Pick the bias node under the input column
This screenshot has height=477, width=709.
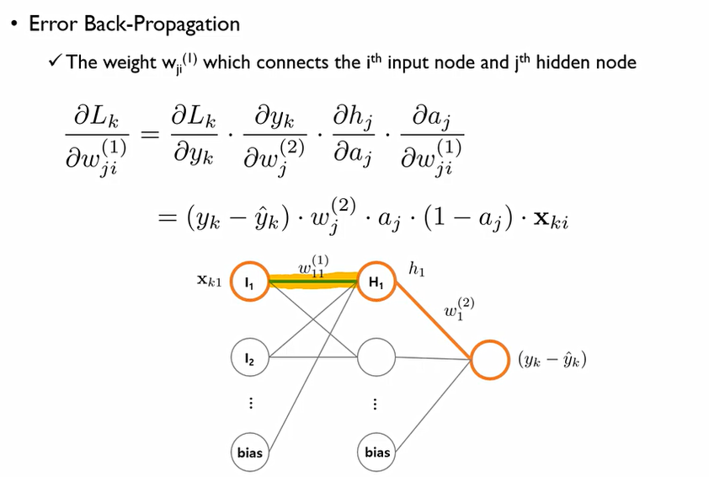[x=249, y=453]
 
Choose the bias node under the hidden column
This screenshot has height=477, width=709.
[x=377, y=453]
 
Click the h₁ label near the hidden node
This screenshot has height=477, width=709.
[x=417, y=271]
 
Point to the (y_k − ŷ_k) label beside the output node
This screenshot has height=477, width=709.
[x=552, y=360]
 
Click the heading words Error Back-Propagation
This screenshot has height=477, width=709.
[x=134, y=24]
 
